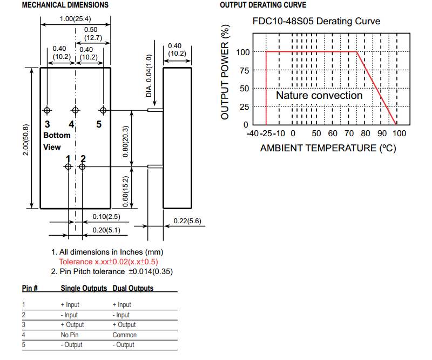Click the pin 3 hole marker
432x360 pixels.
coord(48,110)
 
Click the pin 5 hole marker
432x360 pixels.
coord(103,110)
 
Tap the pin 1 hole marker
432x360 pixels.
coord(68,167)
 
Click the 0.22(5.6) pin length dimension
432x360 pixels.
coord(187,221)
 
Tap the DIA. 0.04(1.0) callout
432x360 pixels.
coord(150,75)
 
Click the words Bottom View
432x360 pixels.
coord(57,141)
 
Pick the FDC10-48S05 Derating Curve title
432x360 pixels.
coord(316,22)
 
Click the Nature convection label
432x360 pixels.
coord(319,96)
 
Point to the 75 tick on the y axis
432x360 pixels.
coord(243,70)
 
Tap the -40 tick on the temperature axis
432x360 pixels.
coord(252,134)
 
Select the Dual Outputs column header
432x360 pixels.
coord(133,289)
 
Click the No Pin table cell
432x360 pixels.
coord(70,335)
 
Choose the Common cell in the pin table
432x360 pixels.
coord(124,335)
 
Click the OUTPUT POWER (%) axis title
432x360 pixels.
coord(226,72)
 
